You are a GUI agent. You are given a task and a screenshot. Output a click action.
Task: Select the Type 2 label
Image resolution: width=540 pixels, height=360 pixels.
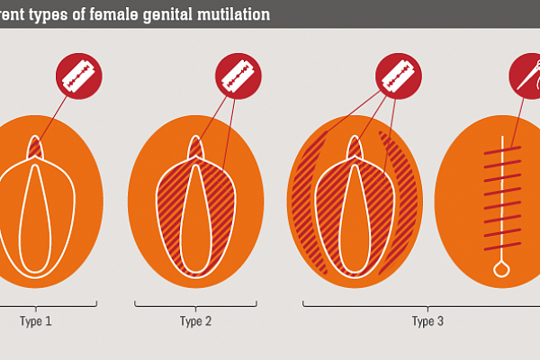click(x=196, y=320)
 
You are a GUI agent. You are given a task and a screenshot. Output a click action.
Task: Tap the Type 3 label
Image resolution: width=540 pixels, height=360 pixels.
click(x=428, y=320)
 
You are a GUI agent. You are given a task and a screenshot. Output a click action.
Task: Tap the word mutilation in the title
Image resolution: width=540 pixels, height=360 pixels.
click(x=236, y=13)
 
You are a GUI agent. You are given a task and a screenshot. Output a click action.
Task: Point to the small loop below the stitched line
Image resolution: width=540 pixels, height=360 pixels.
click(x=501, y=268)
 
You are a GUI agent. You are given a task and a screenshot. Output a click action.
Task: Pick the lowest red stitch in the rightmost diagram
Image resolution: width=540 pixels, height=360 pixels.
click(x=501, y=247)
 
